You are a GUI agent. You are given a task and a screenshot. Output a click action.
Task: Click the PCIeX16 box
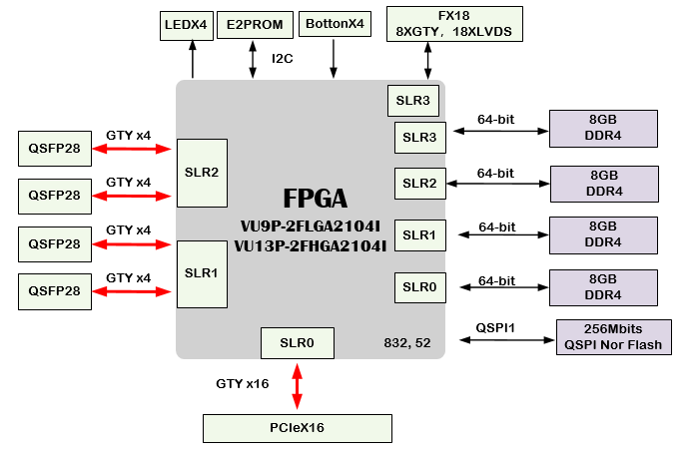[x=298, y=428]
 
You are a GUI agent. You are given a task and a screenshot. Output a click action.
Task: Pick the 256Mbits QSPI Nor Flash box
[x=613, y=337]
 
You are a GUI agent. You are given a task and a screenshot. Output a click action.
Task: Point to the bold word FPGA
[x=315, y=199]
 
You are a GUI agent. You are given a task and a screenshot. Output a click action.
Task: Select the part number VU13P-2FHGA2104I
[x=312, y=244]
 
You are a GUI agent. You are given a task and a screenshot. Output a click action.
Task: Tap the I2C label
[x=283, y=59]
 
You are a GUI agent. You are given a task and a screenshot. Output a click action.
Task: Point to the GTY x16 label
[x=243, y=383]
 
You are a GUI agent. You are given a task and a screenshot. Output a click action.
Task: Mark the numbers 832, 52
[x=407, y=342]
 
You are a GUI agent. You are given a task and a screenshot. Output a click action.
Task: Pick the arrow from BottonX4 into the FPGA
[x=334, y=60]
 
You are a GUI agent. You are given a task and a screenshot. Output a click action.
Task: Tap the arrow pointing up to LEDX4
[x=193, y=60]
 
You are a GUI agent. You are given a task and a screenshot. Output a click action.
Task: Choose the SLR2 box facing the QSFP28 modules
[x=201, y=172]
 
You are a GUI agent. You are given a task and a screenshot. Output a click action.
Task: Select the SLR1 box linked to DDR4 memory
[x=419, y=235]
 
